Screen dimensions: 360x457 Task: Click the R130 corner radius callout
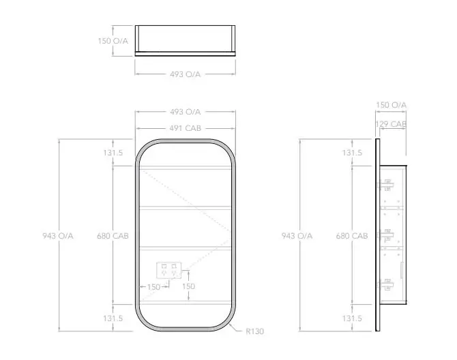pos(255,331)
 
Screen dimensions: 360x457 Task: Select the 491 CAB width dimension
pos(185,128)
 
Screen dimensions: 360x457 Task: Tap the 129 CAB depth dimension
pos(391,124)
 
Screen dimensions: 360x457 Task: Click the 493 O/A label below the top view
pos(185,74)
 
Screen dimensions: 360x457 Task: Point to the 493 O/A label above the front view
pos(185,112)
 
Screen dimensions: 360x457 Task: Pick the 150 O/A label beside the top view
pos(112,40)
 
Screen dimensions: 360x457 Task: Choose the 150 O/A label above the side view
pos(391,104)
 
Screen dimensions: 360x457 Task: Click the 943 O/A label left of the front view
pos(57,236)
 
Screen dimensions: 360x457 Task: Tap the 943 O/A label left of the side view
pos(297,236)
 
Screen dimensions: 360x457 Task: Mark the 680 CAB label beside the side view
pos(351,236)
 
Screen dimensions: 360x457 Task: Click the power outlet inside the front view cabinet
pos(169,271)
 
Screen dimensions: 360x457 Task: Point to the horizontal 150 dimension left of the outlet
pos(153,287)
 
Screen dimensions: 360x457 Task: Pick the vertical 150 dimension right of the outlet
pos(188,286)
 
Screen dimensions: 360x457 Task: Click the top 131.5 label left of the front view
pos(113,153)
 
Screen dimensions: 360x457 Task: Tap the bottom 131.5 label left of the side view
pos(352,318)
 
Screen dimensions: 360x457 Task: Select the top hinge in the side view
pos(387,184)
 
